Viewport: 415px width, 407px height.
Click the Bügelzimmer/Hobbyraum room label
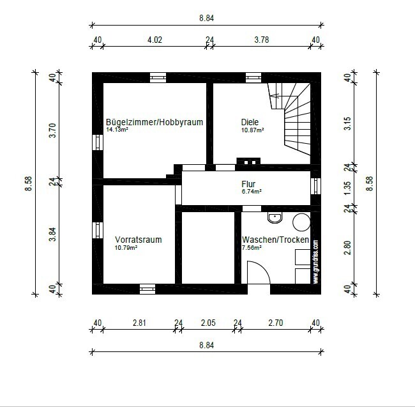point(155,122)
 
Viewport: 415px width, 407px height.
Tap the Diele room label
point(250,122)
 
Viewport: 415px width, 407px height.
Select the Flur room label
point(248,184)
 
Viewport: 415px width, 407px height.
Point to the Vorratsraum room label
point(138,240)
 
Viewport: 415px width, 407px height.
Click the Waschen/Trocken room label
point(275,240)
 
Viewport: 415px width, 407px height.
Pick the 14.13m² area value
point(117,130)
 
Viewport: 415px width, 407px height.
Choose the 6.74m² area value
point(251,191)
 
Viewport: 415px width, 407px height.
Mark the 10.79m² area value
point(126,247)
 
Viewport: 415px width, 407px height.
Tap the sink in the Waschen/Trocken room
point(275,218)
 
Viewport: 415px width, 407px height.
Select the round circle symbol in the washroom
point(301,222)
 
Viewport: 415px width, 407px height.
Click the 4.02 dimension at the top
point(155,40)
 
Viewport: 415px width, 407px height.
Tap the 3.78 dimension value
point(261,40)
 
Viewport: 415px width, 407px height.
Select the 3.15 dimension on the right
point(347,123)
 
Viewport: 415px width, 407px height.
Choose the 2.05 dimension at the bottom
point(208,323)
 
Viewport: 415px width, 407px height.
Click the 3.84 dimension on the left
point(53,234)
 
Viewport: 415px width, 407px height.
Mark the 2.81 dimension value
point(140,323)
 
